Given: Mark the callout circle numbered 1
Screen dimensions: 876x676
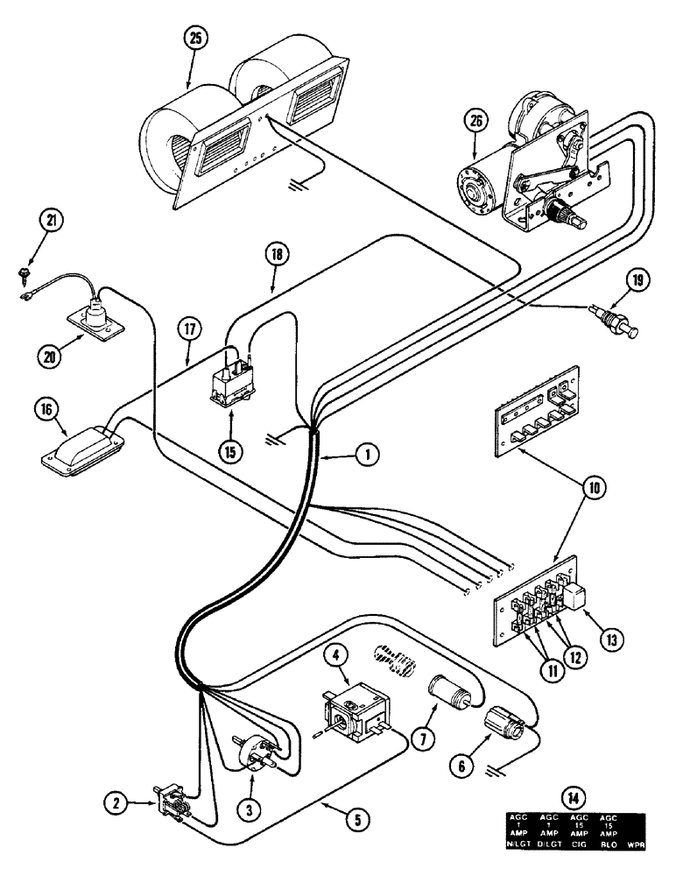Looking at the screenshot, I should tap(369, 454).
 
